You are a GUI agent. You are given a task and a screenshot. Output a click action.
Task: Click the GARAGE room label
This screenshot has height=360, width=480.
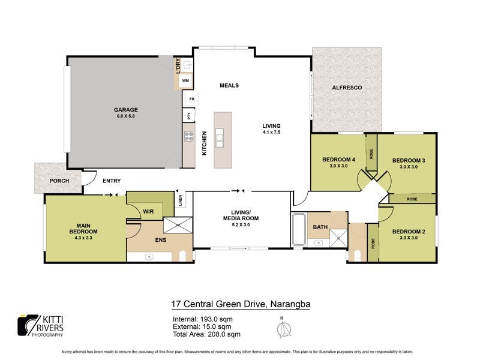point(126,110)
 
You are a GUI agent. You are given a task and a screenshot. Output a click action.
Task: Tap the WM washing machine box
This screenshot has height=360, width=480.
point(185,80)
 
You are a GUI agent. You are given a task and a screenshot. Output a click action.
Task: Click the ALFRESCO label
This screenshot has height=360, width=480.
point(347,88)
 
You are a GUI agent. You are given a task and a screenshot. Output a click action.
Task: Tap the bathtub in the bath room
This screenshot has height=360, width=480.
point(298,230)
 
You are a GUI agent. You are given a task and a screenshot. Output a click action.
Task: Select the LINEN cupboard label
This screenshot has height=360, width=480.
point(181,200)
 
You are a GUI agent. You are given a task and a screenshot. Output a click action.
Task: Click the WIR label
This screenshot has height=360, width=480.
point(148,211)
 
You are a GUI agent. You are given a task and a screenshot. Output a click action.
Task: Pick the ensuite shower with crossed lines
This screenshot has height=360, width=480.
point(177,224)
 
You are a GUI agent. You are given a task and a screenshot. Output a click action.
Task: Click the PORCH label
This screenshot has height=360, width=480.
point(59,181)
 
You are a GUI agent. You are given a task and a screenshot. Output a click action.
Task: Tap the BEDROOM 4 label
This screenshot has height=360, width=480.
point(338,160)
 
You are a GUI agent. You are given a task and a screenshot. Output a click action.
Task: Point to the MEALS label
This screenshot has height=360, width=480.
point(229,85)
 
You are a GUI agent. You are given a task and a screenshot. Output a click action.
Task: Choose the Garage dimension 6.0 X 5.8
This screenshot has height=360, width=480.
point(126,116)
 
